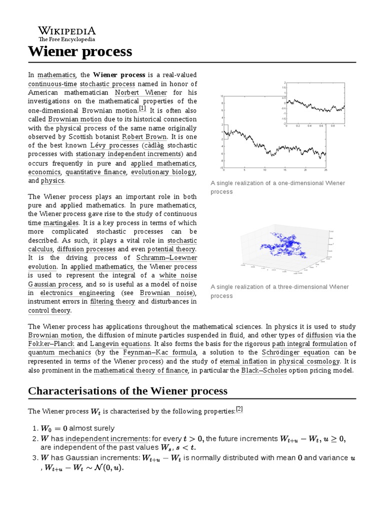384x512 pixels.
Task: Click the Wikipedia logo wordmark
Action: pos(67,31)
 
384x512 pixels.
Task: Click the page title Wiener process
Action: pos(80,51)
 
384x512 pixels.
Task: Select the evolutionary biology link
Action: pos(163,172)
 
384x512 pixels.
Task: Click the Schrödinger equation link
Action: pos(298,352)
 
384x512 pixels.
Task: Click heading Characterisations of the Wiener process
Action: pos(127,390)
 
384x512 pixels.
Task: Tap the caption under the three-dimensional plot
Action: pos(279,291)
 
